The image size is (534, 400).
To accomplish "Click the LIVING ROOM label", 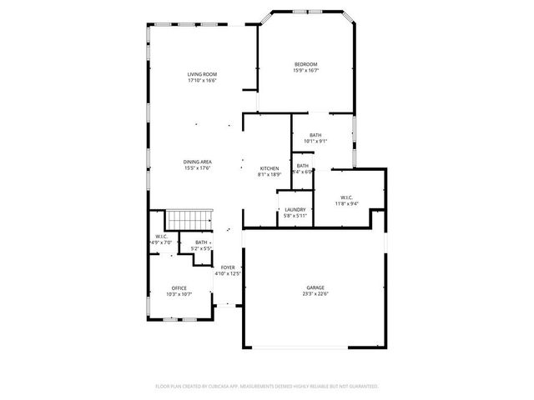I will tap(201, 75).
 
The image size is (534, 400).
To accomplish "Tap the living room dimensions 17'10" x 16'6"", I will tap(201, 82).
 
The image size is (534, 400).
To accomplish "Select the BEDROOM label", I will tap(305, 64).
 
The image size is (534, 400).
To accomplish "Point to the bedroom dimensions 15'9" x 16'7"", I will tap(305, 71).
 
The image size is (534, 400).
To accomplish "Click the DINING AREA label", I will tap(198, 162).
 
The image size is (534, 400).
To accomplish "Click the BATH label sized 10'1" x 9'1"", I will tap(315, 135).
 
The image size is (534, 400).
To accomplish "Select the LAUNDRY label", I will tap(295, 209).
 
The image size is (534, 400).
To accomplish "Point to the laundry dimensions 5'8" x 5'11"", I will tap(295, 216).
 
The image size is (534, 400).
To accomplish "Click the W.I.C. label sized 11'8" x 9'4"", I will tap(347, 197).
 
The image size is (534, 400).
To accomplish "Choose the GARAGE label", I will tap(315, 287).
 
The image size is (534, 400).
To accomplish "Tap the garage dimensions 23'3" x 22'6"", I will tap(315, 294).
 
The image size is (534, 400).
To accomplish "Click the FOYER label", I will tap(228, 267).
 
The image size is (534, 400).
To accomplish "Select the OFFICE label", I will tap(179, 287).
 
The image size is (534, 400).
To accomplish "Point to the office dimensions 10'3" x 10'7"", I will tap(179, 294).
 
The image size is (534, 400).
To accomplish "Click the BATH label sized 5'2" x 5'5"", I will tap(202, 242).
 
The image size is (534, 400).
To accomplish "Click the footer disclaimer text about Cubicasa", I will tap(267, 387).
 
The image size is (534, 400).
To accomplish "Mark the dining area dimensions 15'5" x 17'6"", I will tap(198, 168).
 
